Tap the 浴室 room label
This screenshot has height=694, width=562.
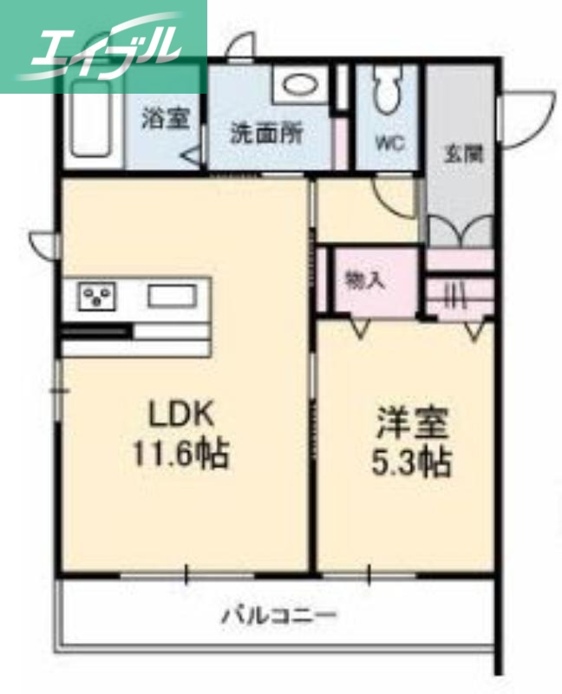166,119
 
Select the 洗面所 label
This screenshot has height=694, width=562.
266,134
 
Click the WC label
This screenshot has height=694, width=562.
389,144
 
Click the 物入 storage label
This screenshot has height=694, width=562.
364,279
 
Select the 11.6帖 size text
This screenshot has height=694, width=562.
181,453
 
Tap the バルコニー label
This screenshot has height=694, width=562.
278,616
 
